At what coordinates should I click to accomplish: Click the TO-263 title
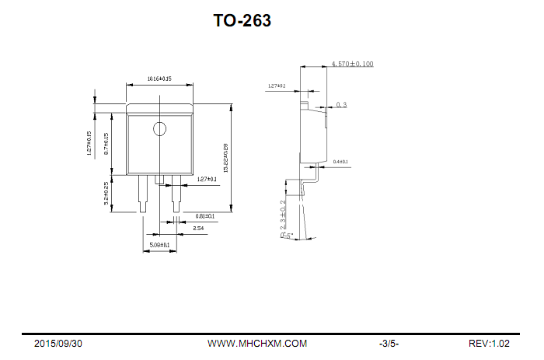(x=242, y=21)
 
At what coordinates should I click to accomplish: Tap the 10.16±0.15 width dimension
(x=159, y=79)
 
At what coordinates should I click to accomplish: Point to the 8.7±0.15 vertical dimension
(x=106, y=144)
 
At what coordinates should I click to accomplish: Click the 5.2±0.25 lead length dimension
(x=106, y=192)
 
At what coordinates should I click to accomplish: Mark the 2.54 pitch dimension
(x=198, y=229)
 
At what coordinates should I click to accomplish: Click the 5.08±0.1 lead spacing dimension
(x=159, y=245)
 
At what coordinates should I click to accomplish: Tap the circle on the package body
(x=159, y=129)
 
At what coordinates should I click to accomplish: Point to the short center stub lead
(x=159, y=180)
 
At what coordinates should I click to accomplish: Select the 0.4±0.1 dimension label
(x=340, y=162)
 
